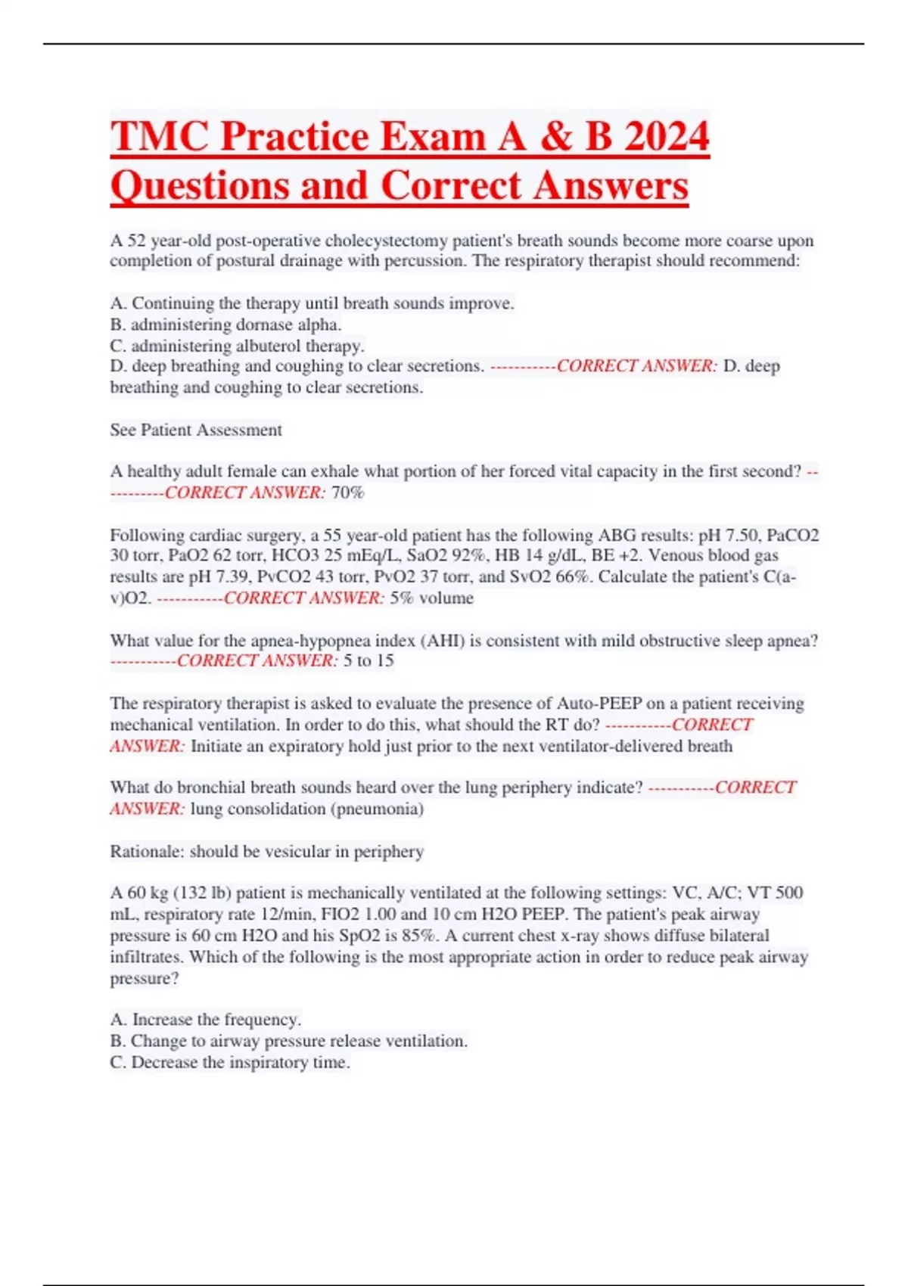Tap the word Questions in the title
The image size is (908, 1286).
pos(199,186)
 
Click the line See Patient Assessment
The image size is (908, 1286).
pos(196,430)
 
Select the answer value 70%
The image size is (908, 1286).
pos(348,492)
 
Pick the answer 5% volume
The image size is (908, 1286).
pos(432,598)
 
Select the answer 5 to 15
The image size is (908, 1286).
pos(368,660)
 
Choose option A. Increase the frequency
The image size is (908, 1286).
pos(205,1020)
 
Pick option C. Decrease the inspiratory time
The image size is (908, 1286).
pos(230,1062)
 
